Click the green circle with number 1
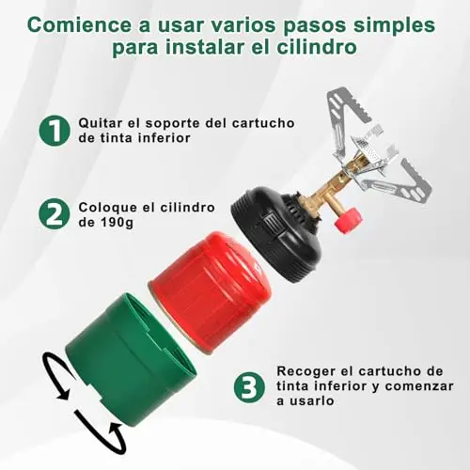(x=55, y=130)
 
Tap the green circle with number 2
(x=55, y=214)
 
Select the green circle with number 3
(x=250, y=387)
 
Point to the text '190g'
(x=117, y=223)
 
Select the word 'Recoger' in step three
(x=302, y=371)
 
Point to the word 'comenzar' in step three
(x=419, y=386)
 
